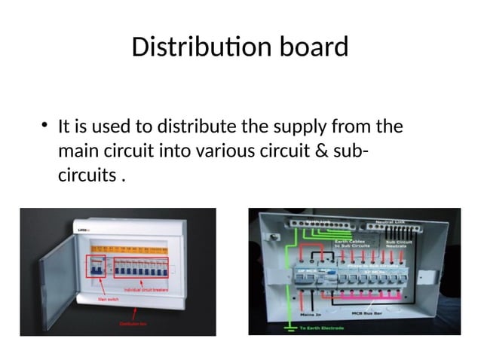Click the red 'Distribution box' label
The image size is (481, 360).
coord(133,323)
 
